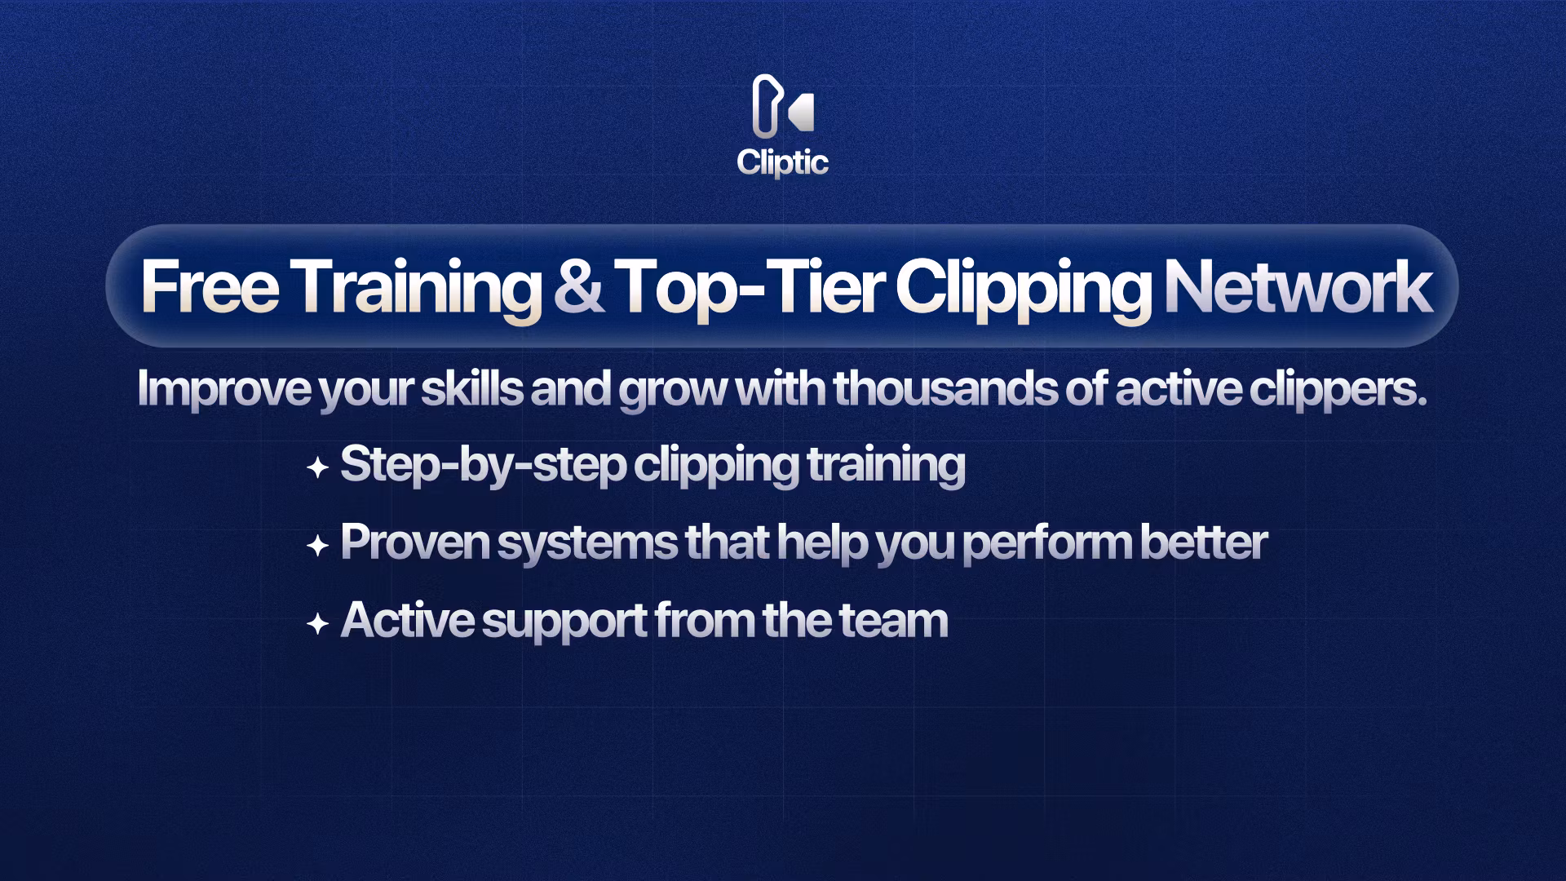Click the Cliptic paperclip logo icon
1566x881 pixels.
(782, 106)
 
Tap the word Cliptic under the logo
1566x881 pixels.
(782, 162)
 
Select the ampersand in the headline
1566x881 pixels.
(578, 286)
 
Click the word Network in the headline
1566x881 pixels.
(1298, 286)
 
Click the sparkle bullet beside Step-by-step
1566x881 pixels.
(317, 468)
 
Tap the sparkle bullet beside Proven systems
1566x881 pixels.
(317, 546)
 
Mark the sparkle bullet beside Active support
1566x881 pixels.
(317, 624)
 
